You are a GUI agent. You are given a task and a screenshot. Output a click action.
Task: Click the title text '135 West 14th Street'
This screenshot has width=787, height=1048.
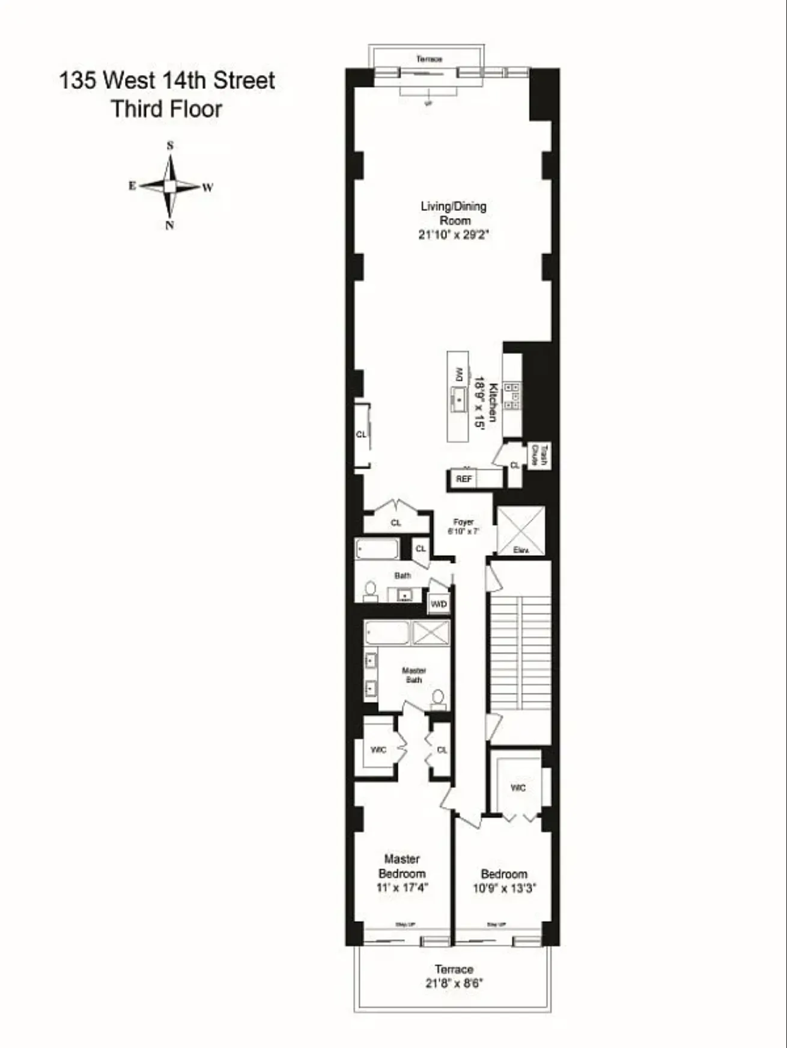pyautogui.click(x=167, y=81)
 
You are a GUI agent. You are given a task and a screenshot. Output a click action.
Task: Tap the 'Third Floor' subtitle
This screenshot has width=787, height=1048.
pyautogui.click(x=166, y=109)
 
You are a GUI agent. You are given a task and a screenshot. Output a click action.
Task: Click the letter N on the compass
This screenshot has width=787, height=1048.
pyautogui.click(x=170, y=225)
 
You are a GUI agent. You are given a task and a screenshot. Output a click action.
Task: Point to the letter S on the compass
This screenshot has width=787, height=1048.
pyautogui.click(x=170, y=145)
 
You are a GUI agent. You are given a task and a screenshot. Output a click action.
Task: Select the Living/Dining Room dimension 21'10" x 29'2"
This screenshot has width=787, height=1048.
pyautogui.click(x=454, y=235)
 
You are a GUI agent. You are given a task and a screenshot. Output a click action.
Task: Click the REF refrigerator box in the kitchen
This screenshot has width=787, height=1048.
pyautogui.click(x=464, y=479)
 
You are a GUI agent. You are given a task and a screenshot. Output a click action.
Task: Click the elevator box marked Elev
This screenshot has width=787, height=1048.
pyautogui.click(x=521, y=530)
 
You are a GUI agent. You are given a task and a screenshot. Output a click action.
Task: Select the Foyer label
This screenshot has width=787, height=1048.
pyautogui.click(x=464, y=522)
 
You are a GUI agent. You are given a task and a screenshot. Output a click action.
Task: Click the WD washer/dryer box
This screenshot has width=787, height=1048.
pyautogui.click(x=439, y=604)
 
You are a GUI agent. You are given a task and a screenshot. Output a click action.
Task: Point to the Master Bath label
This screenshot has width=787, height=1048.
pyautogui.click(x=414, y=675)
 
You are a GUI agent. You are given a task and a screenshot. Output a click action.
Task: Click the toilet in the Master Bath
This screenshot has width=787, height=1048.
pyautogui.click(x=439, y=699)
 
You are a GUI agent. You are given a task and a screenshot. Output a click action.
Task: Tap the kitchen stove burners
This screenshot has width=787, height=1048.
pyautogui.click(x=512, y=396)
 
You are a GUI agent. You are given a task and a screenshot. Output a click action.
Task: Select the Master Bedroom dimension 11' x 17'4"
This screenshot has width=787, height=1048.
pyautogui.click(x=402, y=888)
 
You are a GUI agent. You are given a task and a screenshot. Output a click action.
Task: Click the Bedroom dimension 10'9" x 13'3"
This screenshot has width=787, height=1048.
pyautogui.click(x=504, y=888)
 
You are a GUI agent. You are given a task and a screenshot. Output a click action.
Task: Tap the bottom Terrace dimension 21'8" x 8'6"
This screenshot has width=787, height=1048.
pyautogui.click(x=454, y=984)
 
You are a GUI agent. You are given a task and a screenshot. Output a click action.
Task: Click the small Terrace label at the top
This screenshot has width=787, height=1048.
pyautogui.click(x=429, y=59)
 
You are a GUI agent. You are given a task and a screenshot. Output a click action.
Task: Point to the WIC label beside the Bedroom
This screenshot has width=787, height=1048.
pyautogui.click(x=518, y=787)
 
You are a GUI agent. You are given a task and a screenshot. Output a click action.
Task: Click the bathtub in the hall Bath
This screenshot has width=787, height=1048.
pyautogui.click(x=377, y=549)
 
